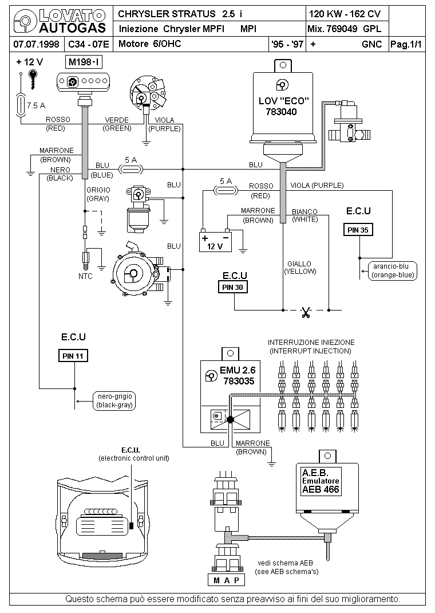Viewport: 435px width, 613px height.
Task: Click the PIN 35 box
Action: (x=358, y=230)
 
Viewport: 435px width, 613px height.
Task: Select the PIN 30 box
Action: (x=232, y=287)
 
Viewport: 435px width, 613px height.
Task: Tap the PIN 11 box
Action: (x=73, y=356)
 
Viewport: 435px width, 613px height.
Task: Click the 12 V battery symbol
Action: (x=215, y=241)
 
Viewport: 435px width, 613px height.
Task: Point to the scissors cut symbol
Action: (x=306, y=312)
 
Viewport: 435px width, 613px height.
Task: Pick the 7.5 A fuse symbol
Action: (x=21, y=105)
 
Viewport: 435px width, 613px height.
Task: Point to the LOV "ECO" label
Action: (x=284, y=101)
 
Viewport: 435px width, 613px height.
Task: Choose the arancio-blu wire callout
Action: (x=394, y=270)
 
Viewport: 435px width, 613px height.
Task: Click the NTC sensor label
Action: (x=85, y=276)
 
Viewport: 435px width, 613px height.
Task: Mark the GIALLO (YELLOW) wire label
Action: (x=299, y=268)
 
